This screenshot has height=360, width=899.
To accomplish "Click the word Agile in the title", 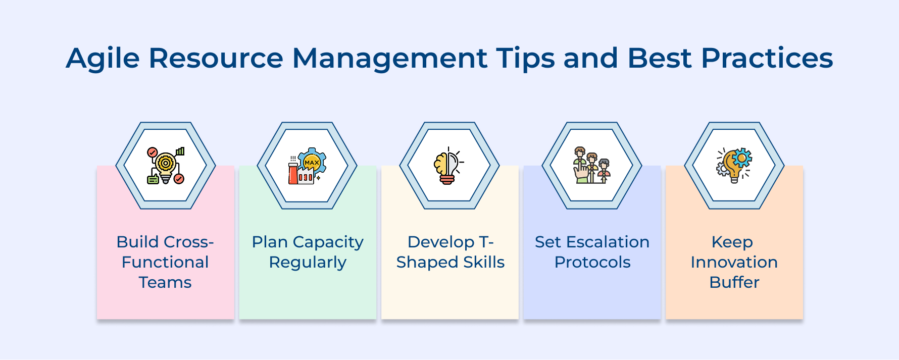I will pyautogui.click(x=103, y=58).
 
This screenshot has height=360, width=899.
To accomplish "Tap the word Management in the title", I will pyautogui.click(x=389, y=58).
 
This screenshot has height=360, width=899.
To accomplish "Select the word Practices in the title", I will pyautogui.click(x=767, y=58).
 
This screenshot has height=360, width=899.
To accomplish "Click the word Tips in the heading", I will pyautogui.click(x=525, y=58).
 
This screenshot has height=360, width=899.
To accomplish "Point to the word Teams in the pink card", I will pyautogui.click(x=165, y=282).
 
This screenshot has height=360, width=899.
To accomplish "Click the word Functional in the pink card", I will pyautogui.click(x=165, y=262).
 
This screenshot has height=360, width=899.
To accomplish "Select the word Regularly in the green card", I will pyautogui.click(x=308, y=263).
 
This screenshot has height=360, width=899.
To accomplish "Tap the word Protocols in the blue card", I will pyautogui.click(x=592, y=262).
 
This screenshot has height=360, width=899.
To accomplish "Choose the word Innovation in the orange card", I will pyautogui.click(x=734, y=262).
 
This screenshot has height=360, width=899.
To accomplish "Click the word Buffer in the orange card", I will pyautogui.click(x=734, y=282).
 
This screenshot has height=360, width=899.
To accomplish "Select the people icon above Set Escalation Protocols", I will pyautogui.click(x=591, y=166).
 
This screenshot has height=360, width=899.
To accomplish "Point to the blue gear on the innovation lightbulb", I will pyautogui.click(x=741, y=158).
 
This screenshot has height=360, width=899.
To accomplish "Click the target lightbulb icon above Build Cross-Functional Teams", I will pyautogui.click(x=166, y=166).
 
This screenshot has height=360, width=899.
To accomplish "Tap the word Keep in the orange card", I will pyautogui.click(x=732, y=242).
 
